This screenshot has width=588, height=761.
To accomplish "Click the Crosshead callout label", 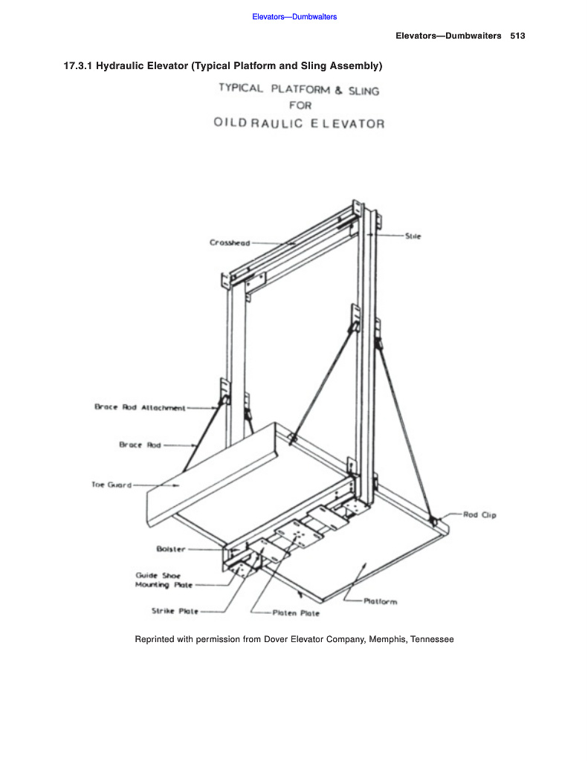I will point(229,242).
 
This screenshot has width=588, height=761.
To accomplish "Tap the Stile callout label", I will point(413,236).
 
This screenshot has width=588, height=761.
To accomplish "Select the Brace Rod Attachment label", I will point(139,407).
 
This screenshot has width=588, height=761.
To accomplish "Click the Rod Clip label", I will point(479,514).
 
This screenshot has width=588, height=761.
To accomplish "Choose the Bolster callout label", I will point(171,549).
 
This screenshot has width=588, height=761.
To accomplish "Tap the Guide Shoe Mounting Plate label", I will point(164,580).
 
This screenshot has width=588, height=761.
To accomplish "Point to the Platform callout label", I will point(380,601).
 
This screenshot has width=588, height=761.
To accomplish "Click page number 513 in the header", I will point(518,36).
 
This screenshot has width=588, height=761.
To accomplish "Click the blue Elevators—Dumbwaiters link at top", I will point(294,16).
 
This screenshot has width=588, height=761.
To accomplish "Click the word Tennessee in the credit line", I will point(431,639).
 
